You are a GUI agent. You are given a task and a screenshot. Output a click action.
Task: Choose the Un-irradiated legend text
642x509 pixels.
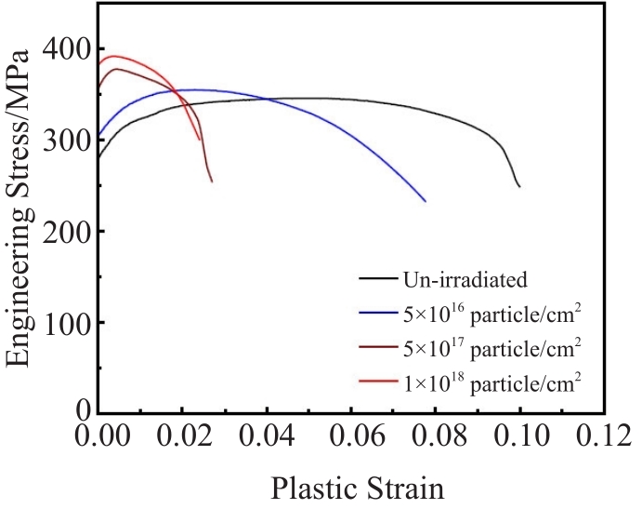[465, 278]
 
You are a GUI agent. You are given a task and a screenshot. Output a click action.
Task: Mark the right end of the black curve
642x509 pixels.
[519, 187]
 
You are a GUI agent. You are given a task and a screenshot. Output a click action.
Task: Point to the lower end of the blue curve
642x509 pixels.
[425, 201]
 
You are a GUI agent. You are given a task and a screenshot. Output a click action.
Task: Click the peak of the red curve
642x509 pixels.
[114, 56]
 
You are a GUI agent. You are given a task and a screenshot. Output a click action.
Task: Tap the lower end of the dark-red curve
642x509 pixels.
[212, 181]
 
